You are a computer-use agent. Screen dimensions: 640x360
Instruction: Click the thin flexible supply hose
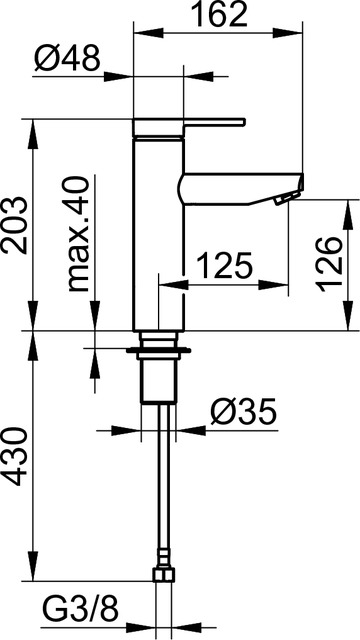pos(162,480)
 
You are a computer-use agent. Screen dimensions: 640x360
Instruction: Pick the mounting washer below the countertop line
pos(160,352)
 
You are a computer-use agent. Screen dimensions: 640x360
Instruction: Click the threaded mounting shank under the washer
pos(160,380)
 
